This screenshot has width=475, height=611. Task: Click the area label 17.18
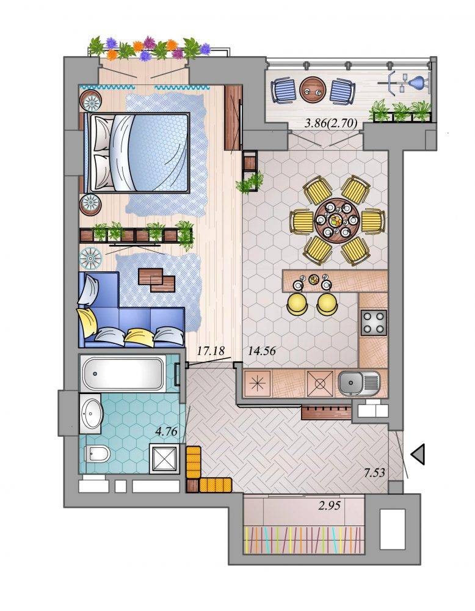[211, 351]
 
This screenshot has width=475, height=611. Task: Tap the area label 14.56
[262, 351]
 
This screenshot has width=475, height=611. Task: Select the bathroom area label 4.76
[166, 431]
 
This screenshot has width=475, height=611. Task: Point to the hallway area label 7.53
[374, 473]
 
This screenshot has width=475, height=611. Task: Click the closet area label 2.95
[329, 506]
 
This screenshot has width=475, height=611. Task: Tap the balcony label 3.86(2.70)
[330, 123]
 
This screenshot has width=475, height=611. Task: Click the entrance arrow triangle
[418, 454]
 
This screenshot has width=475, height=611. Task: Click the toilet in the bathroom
[97, 453]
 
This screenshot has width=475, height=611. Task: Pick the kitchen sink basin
[358, 383]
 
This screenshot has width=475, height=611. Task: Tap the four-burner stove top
[374, 323]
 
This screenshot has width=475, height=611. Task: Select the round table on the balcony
[313, 89]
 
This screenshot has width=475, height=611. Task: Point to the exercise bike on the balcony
[405, 82]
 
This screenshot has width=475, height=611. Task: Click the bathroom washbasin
[91, 413]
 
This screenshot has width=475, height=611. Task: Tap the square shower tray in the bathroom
[165, 458]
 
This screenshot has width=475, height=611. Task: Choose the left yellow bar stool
[297, 304]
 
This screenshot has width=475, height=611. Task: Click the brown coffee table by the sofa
[158, 280]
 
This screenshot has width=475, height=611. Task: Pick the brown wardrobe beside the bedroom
[233, 118]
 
